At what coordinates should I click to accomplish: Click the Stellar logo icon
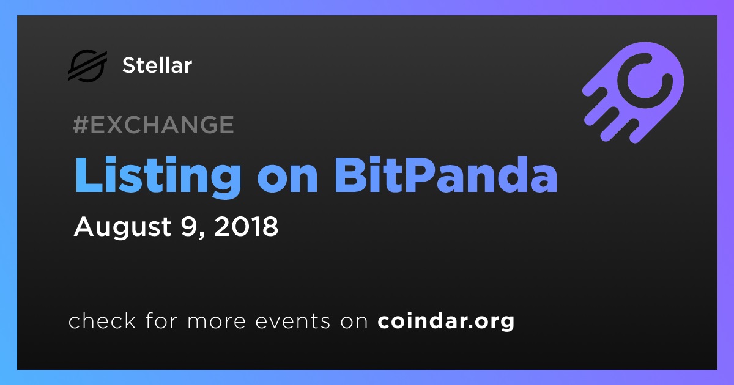coord(87,65)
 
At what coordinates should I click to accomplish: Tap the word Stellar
coord(157,65)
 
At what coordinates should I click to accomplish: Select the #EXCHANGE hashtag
coord(154,125)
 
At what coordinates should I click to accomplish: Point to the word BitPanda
coord(446,175)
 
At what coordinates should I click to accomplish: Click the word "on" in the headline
coord(287,180)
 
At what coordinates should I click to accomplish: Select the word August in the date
coord(122,227)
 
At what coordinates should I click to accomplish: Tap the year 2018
coord(246,226)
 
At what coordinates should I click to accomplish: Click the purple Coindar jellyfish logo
coord(634,92)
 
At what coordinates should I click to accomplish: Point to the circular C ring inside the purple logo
coord(645,81)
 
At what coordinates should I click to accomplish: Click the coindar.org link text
coord(446,321)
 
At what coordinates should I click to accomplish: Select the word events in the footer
coord(293,321)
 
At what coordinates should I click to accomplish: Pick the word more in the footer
coord(217,321)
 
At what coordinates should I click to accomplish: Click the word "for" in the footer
coord(161,320)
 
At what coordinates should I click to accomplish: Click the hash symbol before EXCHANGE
coord(80,125)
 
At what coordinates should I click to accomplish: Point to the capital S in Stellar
coord(130,65)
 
